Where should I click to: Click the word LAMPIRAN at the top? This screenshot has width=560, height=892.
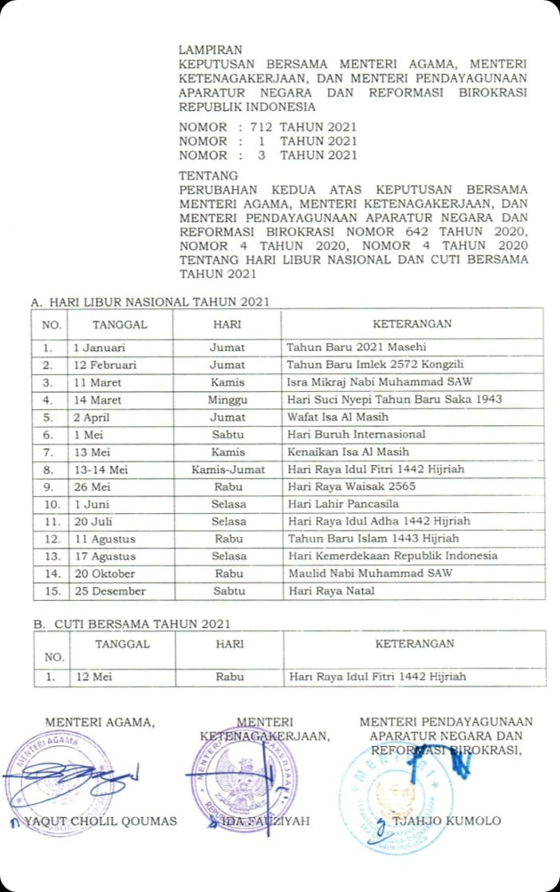pos(211,49)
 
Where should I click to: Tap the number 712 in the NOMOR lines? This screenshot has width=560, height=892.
pos(262,127)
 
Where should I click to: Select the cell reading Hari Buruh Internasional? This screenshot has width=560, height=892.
pos(357,434)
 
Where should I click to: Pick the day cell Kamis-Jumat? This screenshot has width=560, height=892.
pos(227,469)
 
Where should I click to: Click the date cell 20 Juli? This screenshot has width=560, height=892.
pos(93,521)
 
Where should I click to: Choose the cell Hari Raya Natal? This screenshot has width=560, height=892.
pos(331,590)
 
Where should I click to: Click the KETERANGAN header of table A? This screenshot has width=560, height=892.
pos(412,324)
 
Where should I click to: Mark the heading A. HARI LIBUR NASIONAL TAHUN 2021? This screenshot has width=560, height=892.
pos(150,302)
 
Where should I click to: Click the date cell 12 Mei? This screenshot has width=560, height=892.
pos(93,677)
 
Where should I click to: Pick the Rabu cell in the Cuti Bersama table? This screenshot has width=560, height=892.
pos(228,677)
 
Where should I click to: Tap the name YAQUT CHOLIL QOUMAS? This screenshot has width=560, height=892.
pos(101,821)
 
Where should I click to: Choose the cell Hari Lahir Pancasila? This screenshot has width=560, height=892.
pos(344,504)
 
